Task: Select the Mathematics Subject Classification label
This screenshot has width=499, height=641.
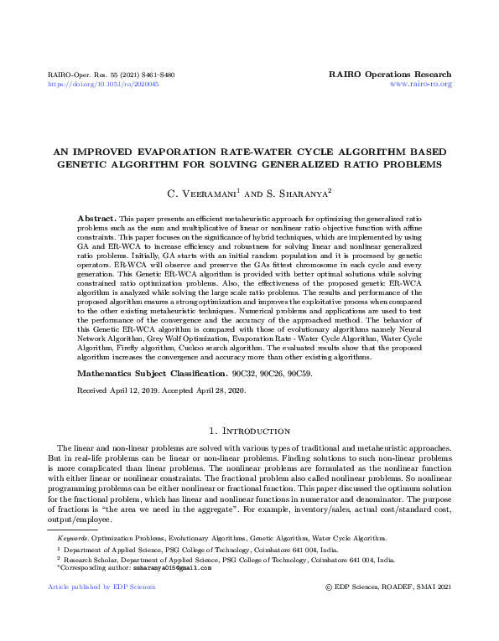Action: (x=140, y=372)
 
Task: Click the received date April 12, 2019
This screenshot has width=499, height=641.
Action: (x=130, y=390)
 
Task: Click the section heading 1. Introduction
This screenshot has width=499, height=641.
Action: (x=249, y=431)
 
